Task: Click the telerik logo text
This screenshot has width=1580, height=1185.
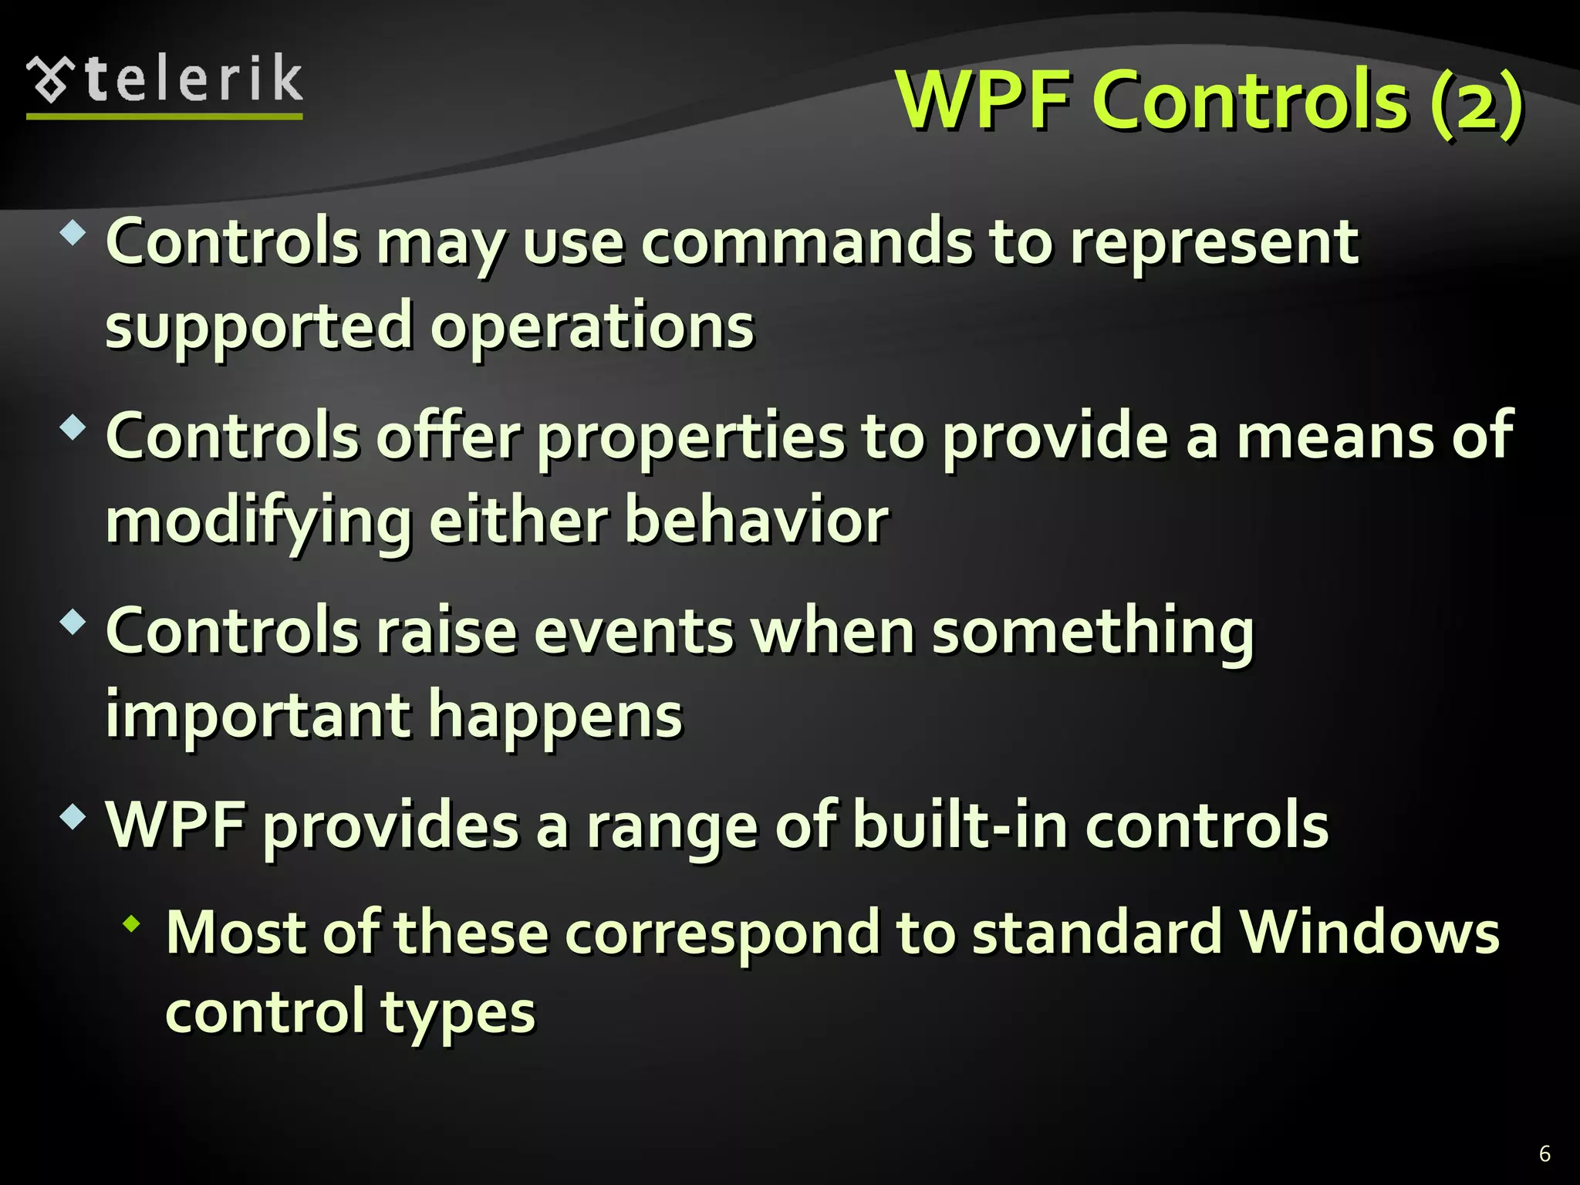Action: click(193, 79)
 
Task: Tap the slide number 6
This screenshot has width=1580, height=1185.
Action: click(1545, 1153)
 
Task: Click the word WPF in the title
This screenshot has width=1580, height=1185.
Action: click(983, 100)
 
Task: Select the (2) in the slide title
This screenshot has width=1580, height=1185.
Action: click(1476, 102)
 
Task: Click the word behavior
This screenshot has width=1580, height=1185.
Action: click(756, 521)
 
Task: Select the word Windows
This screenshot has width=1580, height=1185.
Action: click(1369, 933)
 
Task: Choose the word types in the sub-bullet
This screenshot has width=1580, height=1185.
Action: click(457, 1014)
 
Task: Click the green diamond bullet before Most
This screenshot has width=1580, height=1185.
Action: click(132, 923)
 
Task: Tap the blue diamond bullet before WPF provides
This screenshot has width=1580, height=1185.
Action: click(73, 816)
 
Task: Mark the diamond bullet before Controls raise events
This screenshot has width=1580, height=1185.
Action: click(73, 622)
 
